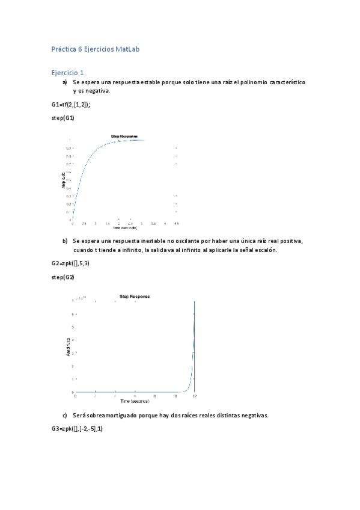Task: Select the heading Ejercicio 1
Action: [67, 72]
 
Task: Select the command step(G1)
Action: [63, 118]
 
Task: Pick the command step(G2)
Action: [63, 277]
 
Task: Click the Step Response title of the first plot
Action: [124, 137]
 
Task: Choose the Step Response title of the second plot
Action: [135, 296]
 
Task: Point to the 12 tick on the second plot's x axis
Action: [194, 396]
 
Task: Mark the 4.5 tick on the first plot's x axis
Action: [176, 223]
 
